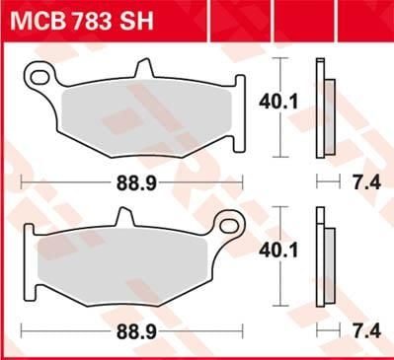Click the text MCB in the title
tap(38, 22)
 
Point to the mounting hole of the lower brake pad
tap(234, 222)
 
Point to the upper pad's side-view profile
tap(322, 108)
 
